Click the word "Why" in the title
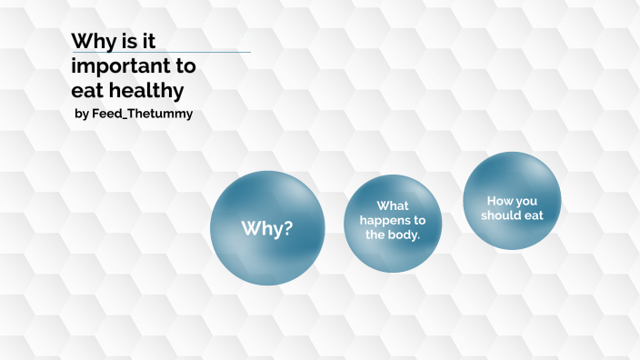click(x=92, y=42)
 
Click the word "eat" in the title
click(x=86, y=90)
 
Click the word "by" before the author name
click(x=81, y=115)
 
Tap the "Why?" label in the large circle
click(x=266, y=228)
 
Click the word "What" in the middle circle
click(x=393, y=206)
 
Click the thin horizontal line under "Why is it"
click(x=209, y=52)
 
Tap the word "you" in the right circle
click(x=526, y=200)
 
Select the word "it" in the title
click(x=153, y=42)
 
